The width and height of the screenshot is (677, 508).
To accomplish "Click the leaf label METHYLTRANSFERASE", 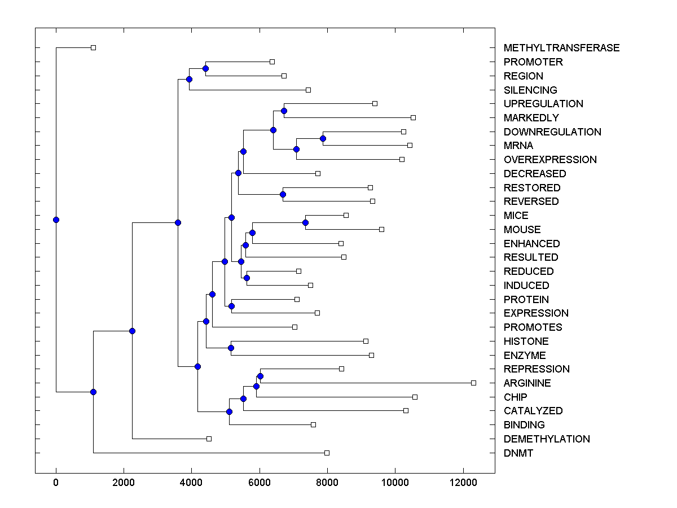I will tap(561, 48).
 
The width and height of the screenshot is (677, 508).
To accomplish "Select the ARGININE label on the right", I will tap(527, 383).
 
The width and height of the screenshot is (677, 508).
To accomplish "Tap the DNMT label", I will tap(518, 453).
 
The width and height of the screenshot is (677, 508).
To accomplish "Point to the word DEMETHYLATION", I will tap(547, 439).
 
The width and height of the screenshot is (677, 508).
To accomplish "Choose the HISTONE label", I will tap(526, 341).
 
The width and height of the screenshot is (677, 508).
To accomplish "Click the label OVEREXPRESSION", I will tap(550, 160).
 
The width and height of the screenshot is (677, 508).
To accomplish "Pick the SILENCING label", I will tap(530, 90).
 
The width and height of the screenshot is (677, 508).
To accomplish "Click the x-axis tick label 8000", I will tap(327, 482).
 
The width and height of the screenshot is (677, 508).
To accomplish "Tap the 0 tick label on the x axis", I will tap(56, 482).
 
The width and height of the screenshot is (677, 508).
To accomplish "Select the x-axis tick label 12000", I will tap(463, 482).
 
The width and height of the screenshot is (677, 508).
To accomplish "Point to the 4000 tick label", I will tap(191, 482).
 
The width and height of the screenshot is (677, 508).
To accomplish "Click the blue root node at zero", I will tap(56, 220).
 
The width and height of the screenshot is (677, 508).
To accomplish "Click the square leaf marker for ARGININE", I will tap(473, 383).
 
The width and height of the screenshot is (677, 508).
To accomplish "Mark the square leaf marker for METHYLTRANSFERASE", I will tap(94, 47).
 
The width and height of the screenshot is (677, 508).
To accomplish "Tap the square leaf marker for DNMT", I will tap(327, 453).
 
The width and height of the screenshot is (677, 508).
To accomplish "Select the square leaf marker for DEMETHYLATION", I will tap(209, 439).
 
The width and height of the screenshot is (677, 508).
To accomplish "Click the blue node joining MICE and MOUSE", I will tap(305, 222).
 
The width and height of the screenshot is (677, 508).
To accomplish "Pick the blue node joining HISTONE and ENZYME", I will tap(231, 348).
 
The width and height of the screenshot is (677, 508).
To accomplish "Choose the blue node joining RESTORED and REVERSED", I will tap(283, 194).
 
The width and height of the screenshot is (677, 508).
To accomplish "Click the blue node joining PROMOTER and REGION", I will tap(205, 68).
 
